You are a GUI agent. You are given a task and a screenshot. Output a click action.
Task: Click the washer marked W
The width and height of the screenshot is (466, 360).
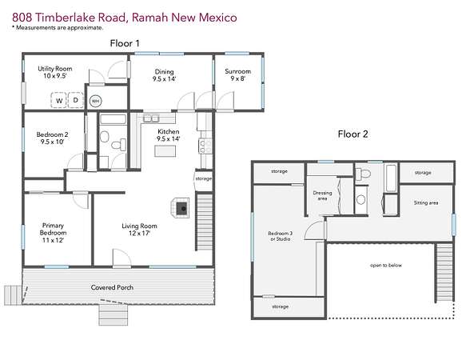click(59, 100)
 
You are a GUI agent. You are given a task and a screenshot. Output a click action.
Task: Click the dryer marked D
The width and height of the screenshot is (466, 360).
click(76, 100)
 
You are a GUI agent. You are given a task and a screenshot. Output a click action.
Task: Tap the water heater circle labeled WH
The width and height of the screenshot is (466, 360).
click(95, 101)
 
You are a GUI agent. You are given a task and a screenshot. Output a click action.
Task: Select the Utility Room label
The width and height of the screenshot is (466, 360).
click(55, 72)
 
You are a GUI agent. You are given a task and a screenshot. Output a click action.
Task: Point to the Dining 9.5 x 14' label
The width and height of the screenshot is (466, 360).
click(165, 75)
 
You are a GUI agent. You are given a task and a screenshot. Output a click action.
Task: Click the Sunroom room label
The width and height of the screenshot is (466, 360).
click(237, 75)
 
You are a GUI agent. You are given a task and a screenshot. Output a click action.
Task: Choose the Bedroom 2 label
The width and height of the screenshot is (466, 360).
click(52, 138)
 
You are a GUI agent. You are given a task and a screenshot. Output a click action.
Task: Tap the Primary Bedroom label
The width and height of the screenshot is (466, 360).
click(53, 233)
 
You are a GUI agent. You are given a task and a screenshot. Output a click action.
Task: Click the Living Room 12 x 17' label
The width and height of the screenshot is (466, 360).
click(139, 230)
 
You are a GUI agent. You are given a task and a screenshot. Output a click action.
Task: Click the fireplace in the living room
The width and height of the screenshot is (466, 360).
click(180, 208)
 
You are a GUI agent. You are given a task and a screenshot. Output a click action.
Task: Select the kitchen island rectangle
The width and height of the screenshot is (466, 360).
click(165, 151)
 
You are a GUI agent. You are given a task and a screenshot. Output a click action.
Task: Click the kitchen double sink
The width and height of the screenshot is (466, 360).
click(151, 118)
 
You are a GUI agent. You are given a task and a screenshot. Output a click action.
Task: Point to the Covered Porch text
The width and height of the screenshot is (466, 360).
click(112, 287)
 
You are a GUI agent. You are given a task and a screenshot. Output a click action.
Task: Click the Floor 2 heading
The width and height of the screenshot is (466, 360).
click(352, 134)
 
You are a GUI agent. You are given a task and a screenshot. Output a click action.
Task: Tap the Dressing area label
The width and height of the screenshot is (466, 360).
click(322, 195)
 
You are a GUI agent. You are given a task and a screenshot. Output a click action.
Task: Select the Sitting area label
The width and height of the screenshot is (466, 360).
click(426, 202)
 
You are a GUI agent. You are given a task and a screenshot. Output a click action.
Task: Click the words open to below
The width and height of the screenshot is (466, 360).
click(386, 265)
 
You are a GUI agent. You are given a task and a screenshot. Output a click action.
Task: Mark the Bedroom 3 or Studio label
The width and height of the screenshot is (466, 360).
click(281, 236)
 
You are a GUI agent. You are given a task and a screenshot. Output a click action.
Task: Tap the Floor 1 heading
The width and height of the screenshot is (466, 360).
click(125, 43)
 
